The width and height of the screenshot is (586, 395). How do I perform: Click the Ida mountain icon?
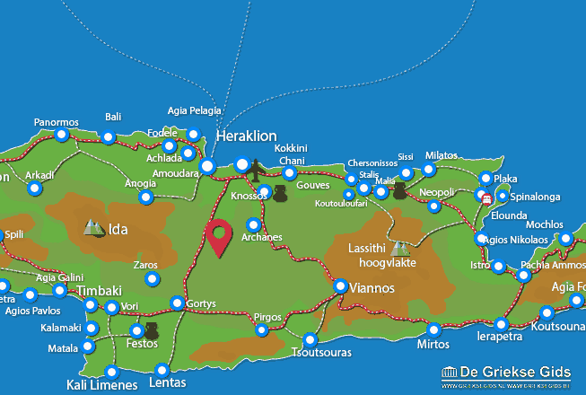pos(93,228)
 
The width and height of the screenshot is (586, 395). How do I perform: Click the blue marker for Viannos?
pos(341,285)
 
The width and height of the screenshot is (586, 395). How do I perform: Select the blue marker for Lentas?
pos(162,369)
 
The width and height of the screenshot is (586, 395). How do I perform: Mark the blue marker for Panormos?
pos(61,135)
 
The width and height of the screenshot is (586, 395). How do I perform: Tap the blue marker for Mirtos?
pos(433,329)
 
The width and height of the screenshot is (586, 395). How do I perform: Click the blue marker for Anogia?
pos(146,197)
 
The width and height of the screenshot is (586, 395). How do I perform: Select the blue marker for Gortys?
pos(178,303)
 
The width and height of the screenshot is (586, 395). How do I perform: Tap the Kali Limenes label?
pos(102,385)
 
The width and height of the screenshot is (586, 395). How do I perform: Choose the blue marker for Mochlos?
pos(565,238)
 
